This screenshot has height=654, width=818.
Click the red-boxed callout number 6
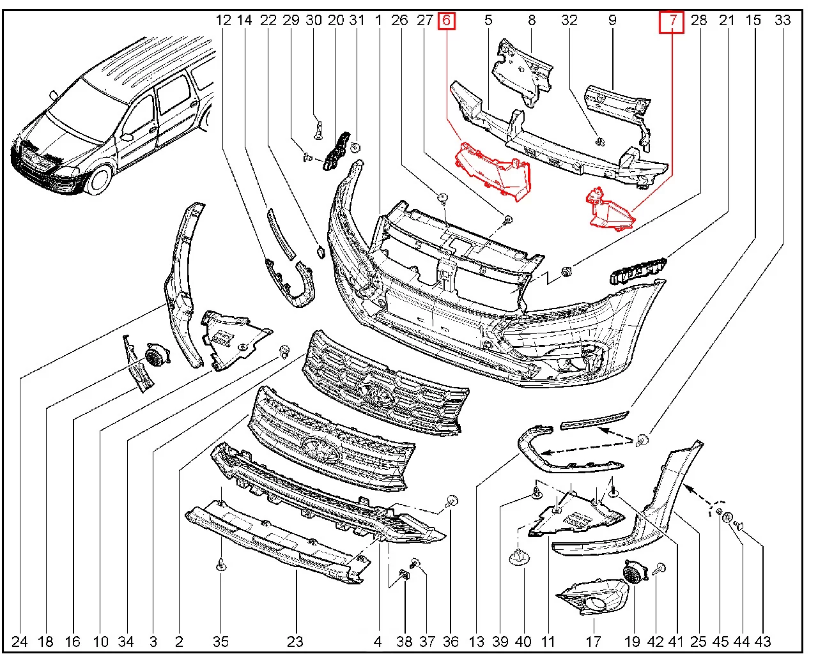click(x=446, y=20)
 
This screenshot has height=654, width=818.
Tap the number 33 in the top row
click(x=782, y=20)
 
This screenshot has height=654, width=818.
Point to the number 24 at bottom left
click(x=19, y=641)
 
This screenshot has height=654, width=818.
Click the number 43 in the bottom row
click(x=763, y=641)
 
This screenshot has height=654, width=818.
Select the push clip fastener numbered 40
click(x=521, y=558)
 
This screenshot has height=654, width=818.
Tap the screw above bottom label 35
click(x=220, y=565)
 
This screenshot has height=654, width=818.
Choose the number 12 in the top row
click(x=223, y=20)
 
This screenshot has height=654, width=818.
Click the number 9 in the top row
click(x=612, y=20)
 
